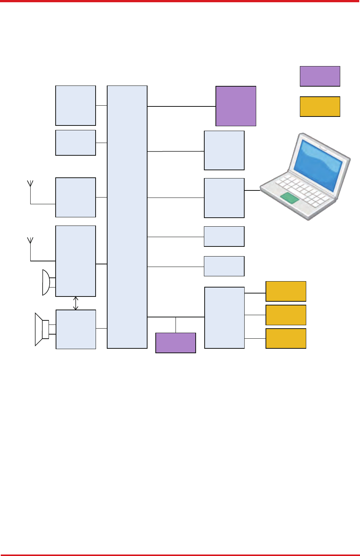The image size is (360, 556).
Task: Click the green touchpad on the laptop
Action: click(290, 198)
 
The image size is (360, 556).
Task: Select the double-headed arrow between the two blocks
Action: click(76, 303)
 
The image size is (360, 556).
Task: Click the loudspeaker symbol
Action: click(41, 329)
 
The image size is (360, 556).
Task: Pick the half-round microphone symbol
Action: click(46, 282)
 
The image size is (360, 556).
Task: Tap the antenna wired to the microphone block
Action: click(30, 240)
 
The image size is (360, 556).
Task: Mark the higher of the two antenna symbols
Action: click(30, 183)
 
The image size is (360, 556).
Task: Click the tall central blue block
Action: click(127, 217)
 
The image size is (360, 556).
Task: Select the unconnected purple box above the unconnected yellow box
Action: click(320, 76)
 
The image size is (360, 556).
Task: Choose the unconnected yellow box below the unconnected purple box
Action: click(320, 106)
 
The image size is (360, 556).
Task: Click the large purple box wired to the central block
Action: click(236, 106)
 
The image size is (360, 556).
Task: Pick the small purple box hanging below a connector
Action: click(176, 343)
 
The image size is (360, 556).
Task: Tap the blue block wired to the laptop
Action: click(224, 198)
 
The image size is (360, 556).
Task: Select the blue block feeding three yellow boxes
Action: click(224, 318)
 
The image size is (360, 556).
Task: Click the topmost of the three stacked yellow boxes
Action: click(286, 291)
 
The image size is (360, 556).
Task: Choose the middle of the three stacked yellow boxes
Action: click(286, 315)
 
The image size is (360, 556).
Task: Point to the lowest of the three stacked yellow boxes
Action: click(286, 338)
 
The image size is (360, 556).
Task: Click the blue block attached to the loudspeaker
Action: click(76, 329)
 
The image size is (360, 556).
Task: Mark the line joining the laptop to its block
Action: click(252, 190)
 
